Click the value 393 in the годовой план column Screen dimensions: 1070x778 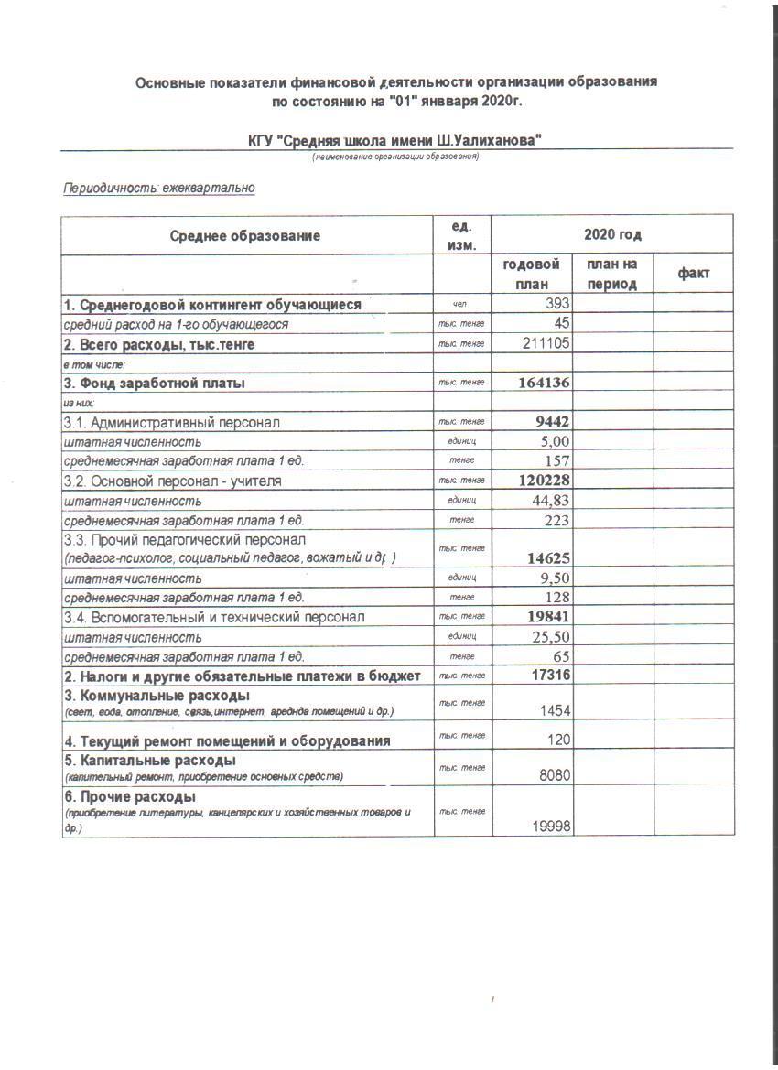pos(556,304)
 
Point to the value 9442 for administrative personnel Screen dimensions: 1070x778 pos(552,422)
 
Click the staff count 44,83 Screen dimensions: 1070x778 pos(550,501)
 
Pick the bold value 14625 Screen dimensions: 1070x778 pos(549,557)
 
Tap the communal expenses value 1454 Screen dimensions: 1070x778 pos(555,711)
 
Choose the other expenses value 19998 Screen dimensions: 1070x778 pos(551,827)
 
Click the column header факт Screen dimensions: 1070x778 pos(693,274)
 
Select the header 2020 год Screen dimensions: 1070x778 pos(612,235)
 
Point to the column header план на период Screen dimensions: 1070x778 pos(612,274)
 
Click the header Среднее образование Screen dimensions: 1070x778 pos(245,236)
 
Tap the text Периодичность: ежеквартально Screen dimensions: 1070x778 pos(158,189)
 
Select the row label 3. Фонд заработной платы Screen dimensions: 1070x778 pos(154,384)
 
